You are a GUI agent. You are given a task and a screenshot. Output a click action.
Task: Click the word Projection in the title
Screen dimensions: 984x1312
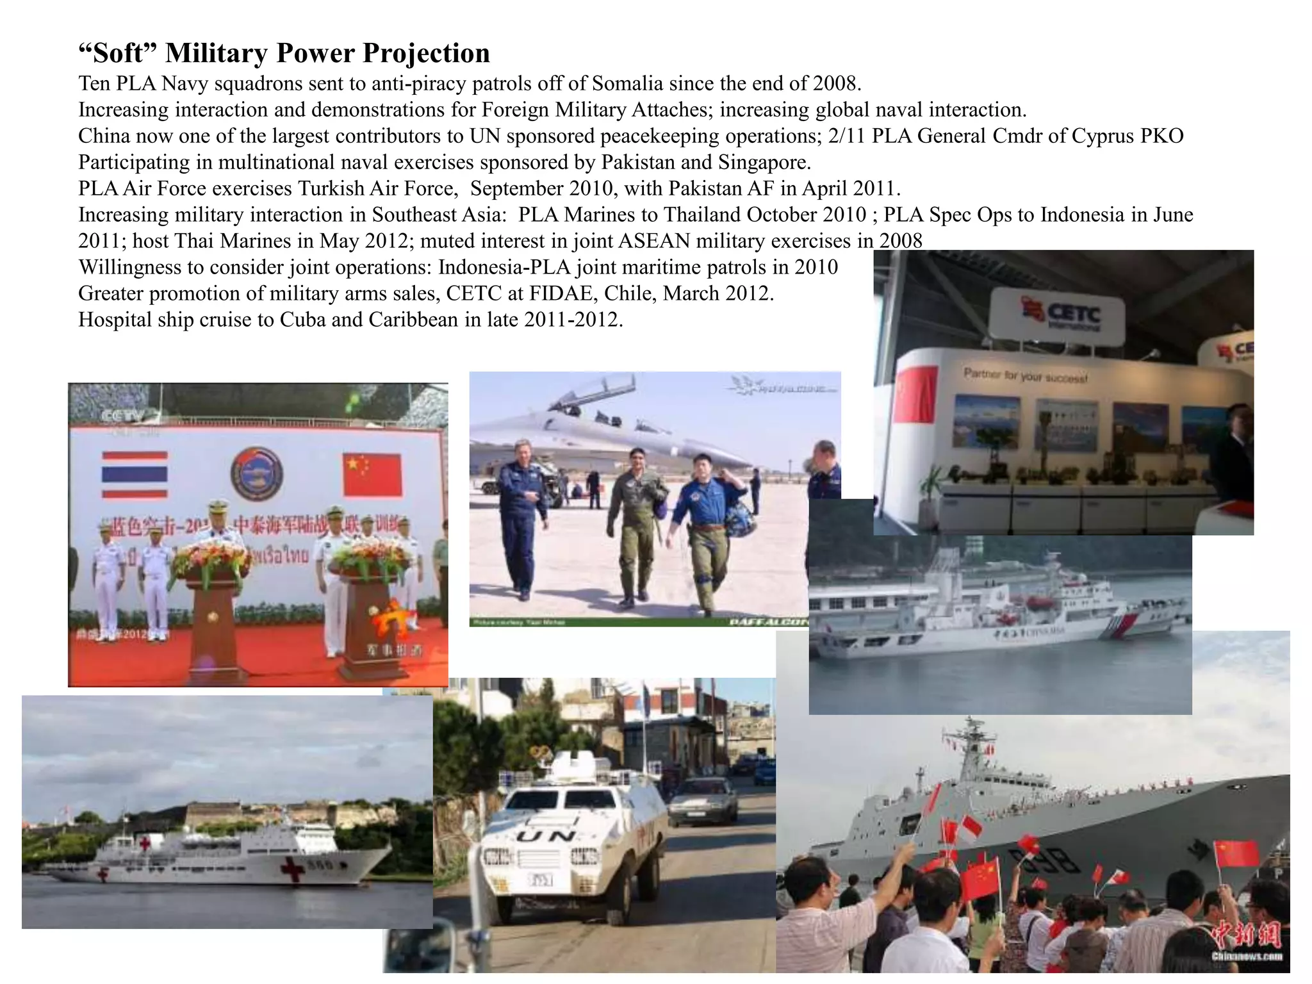[x=426, y=53]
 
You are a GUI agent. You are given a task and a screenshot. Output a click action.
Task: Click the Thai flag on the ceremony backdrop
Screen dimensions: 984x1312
[x=135, y=474]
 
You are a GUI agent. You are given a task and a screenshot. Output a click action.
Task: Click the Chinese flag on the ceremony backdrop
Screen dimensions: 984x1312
[x=372, y=475]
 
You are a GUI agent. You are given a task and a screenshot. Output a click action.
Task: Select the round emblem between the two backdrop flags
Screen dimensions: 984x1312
[x=257, y=474]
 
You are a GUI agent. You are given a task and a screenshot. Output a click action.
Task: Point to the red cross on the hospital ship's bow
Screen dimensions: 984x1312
[x=293, y=869]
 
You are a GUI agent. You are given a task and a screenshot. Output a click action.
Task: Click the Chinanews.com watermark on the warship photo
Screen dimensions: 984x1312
[x=1245, y=956]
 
